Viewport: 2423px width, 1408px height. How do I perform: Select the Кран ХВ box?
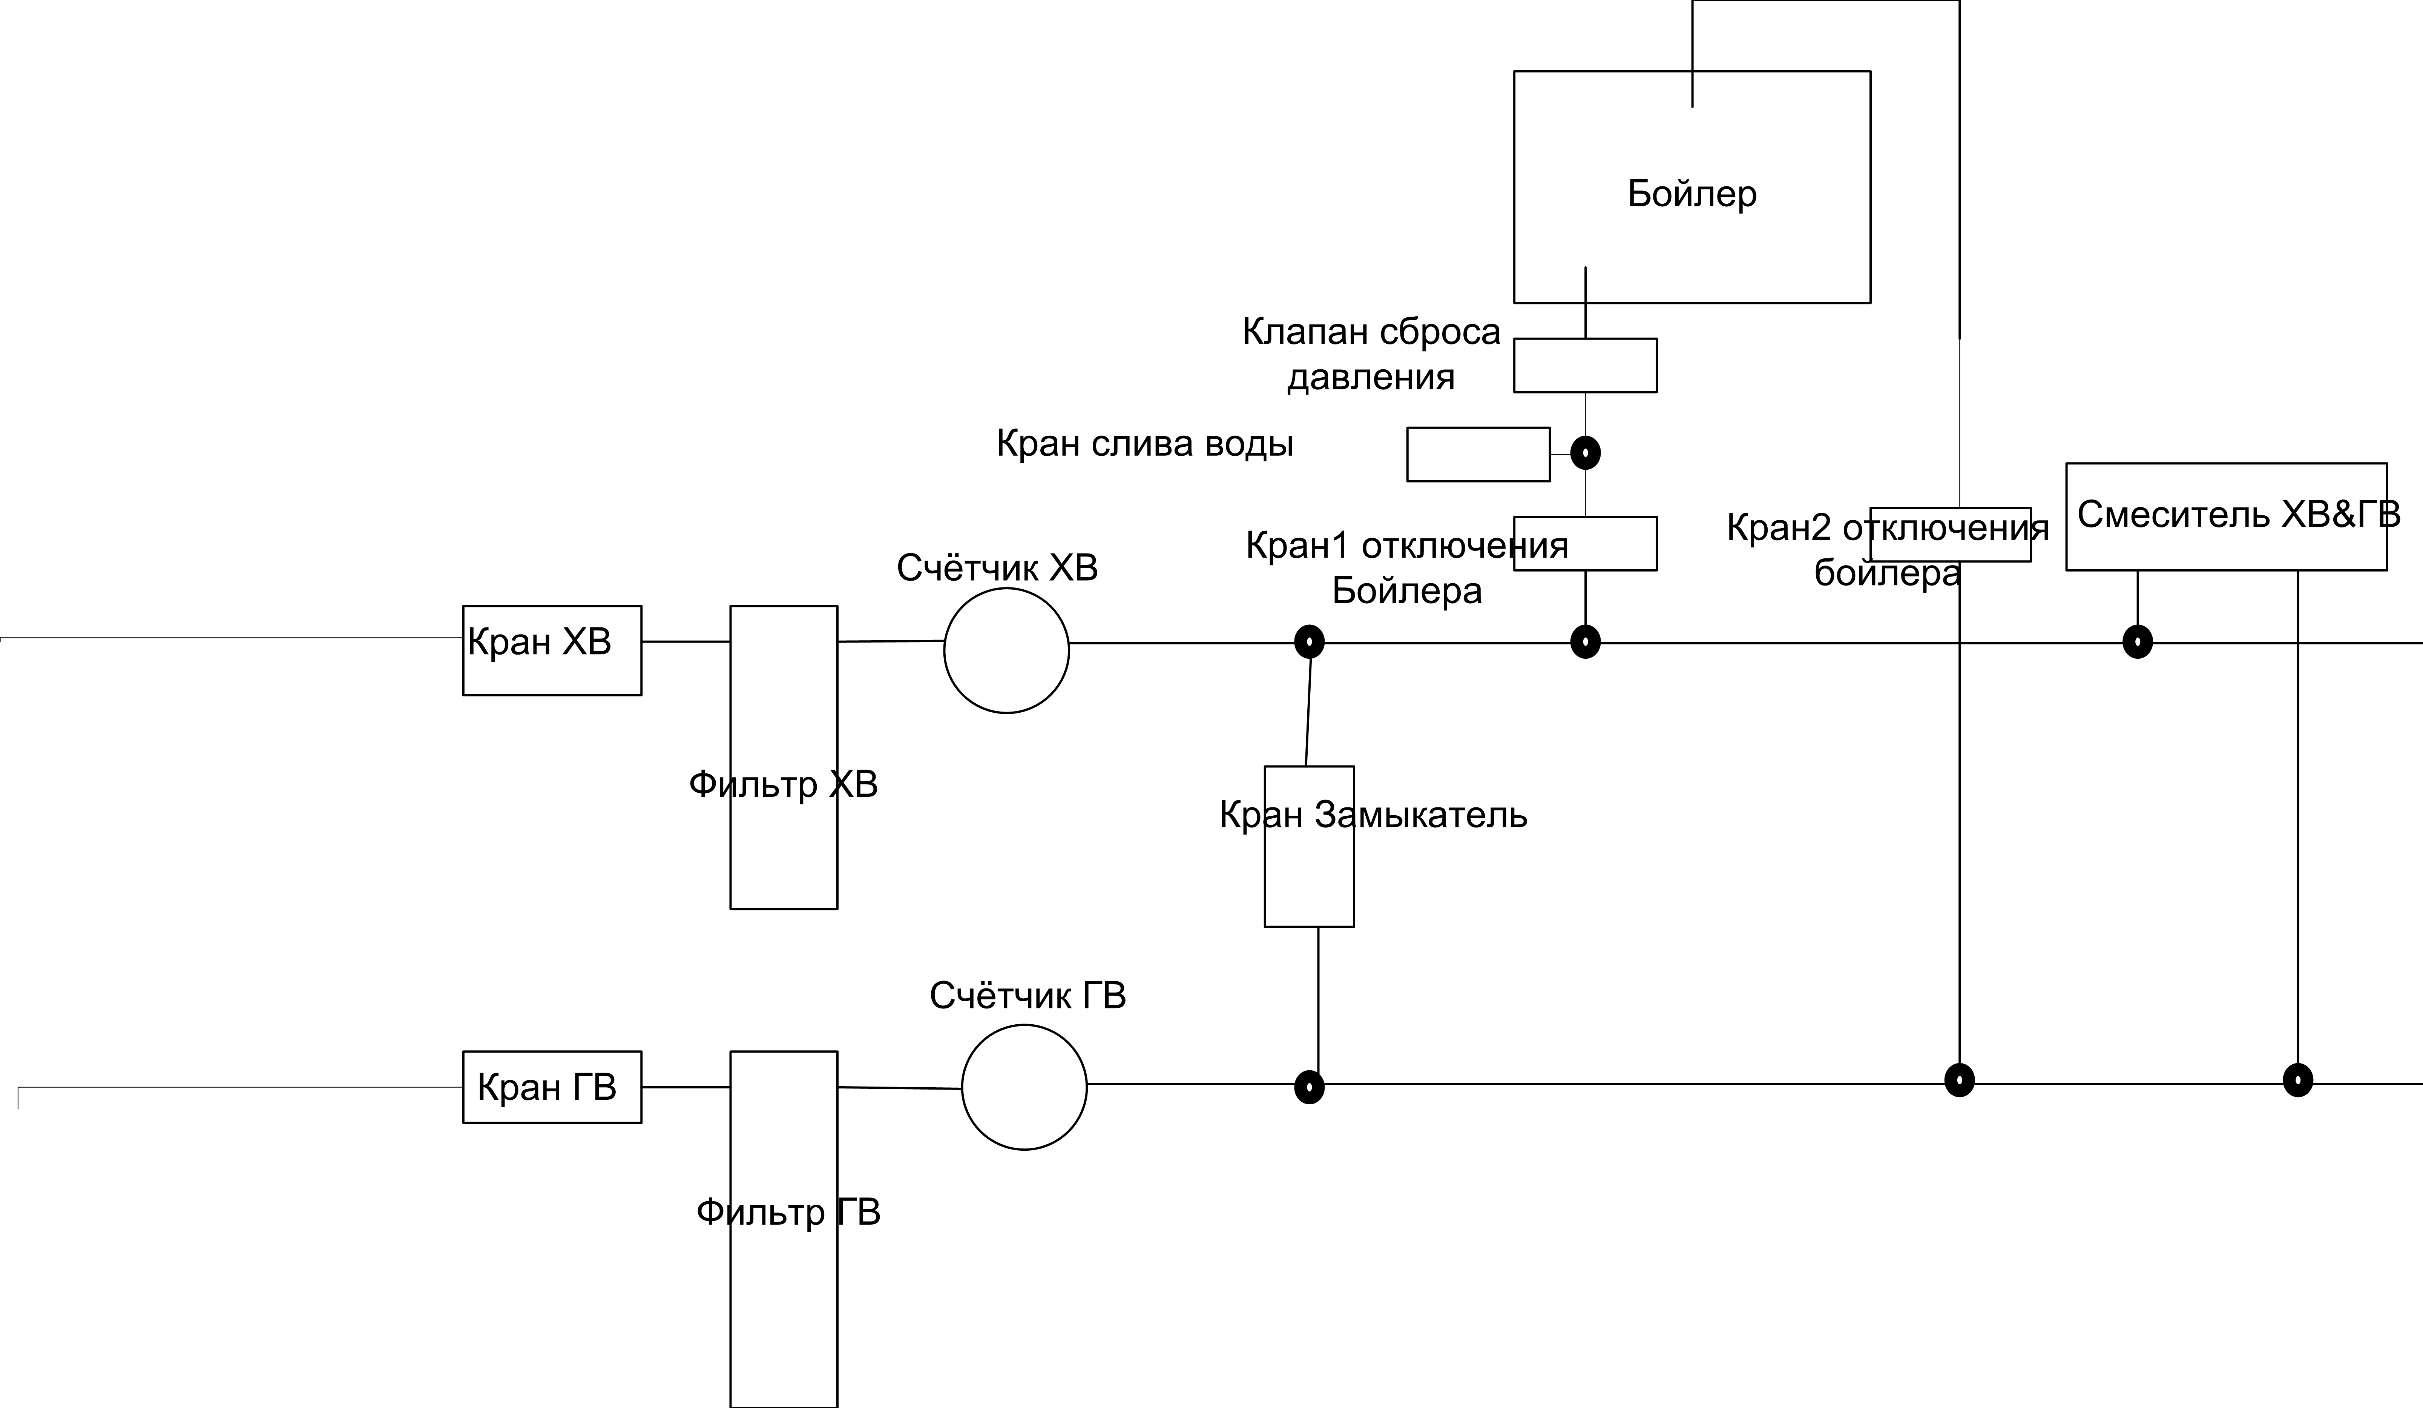pos(552,650)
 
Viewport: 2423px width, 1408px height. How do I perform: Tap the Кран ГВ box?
pos(552,1087)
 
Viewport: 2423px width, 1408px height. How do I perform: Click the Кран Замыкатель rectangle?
pos(1309,846)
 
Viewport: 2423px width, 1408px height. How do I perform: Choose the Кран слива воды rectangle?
pos(1478,454)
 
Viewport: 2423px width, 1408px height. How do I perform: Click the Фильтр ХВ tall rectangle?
pos(784,757)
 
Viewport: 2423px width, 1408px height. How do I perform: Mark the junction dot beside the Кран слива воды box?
pos(1586,452)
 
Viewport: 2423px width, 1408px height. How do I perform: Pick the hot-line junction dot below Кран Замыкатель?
pos(1310,1088)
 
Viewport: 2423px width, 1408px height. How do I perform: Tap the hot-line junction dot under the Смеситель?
pos(2298,1080)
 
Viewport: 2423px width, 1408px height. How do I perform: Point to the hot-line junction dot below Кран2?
pos(1960,1080)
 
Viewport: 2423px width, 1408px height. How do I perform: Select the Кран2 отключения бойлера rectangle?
pos(1950,535)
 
